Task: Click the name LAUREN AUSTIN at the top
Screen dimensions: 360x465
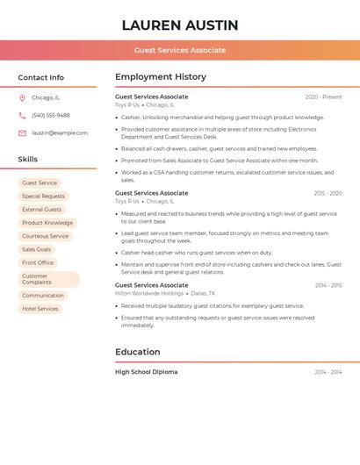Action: pyautogui.click(x=180, y=25)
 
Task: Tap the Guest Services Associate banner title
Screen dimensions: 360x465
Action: pyautogui.click(x=180, y=50)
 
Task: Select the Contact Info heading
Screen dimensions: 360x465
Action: pyautogui.click(x=41, y=77)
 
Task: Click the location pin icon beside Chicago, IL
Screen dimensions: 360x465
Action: pyautogui.click(x=22, y=97)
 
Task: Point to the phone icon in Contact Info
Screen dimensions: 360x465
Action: pyautogui.click(x=22, y=115)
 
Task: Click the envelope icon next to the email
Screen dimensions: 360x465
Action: pyautogui.click(x=22, y=132)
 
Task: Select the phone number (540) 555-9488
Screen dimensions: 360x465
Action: pyautogui.click(x=51, y=115)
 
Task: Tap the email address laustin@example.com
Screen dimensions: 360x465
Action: pyautogui.click(x=60, y=132)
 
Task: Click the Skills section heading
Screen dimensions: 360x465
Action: pyautogui.click(x=28, y=159)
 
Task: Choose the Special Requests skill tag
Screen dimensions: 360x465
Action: pyautogui.click(x=43, y=197)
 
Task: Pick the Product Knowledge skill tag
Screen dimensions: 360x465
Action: pyautogui.click(x=47, y=223)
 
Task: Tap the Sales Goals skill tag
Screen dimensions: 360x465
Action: pyautogui.click(x=37, y=249)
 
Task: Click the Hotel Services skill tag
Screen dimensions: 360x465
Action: pyautogui.click(x=40, y=309)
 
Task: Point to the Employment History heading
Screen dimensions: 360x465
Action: pyautogui.click(x=161, y=77)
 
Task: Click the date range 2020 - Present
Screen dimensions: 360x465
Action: pyautogui.click(x=323, y=97)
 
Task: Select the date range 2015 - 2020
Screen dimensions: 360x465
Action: pyautogui.click(x=328, y=193)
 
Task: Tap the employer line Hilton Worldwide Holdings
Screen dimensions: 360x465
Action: pyautogui.click(x=149, y=293)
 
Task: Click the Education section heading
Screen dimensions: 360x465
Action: pyautogui.click(x=138, y=352)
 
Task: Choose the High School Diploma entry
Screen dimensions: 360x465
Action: pyautogui.click(x=146, y=372)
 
